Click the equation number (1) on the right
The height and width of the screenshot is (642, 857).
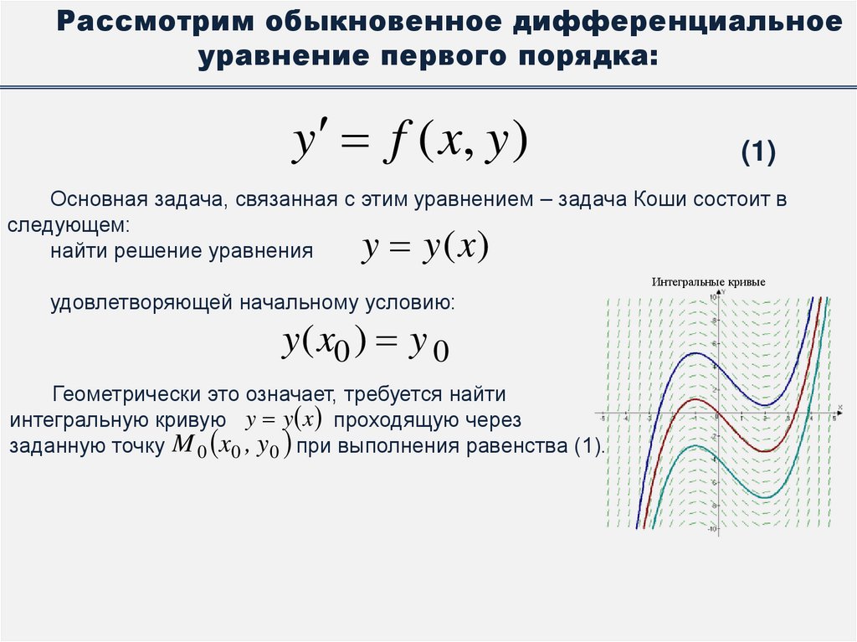(759, 153)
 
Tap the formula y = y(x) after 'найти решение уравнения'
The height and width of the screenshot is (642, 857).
(425, 249)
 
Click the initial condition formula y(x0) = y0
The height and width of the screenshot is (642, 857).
(365, 344)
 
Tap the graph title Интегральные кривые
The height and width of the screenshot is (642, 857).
(708, 283)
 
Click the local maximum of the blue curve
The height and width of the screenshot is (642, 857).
(694, 353)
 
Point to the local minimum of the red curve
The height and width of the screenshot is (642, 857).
(763, 451)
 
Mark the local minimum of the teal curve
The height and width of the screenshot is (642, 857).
(764, 497)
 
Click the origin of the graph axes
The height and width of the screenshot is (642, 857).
(716, 413)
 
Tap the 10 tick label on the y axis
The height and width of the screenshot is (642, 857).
(713, 298)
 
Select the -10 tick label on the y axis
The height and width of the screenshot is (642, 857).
(711, 529)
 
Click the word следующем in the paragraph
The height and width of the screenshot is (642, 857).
(68, 226)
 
